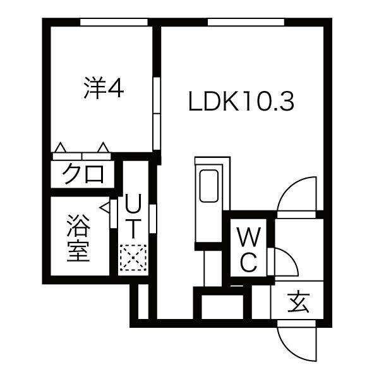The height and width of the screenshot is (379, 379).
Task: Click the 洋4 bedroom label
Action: pyautogui.click(x=102, y=88)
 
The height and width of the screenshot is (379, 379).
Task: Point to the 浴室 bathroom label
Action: pyautogui.click(x=79, y=239)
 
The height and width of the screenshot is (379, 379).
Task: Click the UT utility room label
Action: pyautogui.click(x=133, y=215)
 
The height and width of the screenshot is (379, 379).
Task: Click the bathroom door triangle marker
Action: pyautogui.click(x=105, y=207)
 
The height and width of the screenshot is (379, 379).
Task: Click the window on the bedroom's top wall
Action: pyautogui.click(x=114, y=22)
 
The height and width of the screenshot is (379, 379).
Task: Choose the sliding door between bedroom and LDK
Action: pyautogui.click(x=157, y=114)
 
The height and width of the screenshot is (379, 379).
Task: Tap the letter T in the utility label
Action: pyautogui.click(x=133, y=226)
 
